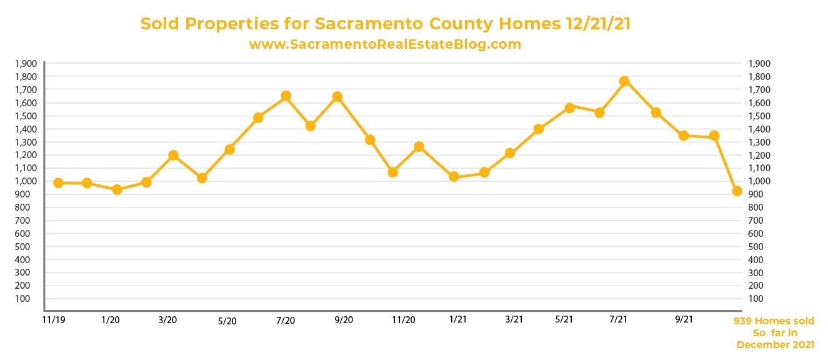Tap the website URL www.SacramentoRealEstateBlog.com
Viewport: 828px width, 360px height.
[x=385, y=44]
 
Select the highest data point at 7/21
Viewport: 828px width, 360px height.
[x=624, y=81]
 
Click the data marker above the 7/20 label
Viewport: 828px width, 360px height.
[x=286, y=96]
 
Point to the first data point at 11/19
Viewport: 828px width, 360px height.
[x=58, y=183]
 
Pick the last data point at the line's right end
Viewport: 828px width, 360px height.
[x=737, y=191]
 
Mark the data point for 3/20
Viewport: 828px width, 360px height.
[x=174, y=155]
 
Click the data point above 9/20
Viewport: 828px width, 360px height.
[x=337, y=96]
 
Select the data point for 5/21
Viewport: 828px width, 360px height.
[x=569, y=107]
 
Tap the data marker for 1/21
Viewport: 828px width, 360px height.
[x=454, y=176]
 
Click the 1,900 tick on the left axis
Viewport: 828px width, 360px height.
[x=29, y=64]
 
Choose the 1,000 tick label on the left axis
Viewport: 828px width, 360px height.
[x=29, y=181]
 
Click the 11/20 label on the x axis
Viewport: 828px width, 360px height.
[x=403, y=320]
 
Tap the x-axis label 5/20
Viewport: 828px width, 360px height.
[x=227, y=321]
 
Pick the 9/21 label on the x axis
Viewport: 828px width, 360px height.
[x=684, y=319]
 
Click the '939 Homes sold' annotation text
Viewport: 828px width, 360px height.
[x=774, y=321]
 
